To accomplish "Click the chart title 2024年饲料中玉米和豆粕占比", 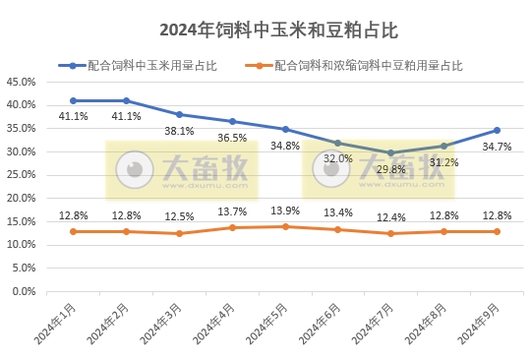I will click(x=265, y=30).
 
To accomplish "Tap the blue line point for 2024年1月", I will click(x=74, y=100).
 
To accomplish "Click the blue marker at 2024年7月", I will click(x=390, y=152).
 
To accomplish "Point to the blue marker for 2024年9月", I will click(x=497, y=130).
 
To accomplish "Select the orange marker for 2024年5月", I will click(x=285, y=226).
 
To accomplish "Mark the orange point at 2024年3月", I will click(x=179, y=233).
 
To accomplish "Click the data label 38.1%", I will click(x=179, y=131).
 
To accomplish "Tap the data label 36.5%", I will click(x=232, y=138).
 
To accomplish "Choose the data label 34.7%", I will click(x=497, y=147).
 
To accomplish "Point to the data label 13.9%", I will click(x=285, y=211).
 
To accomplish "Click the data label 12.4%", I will click(x=390, y=217).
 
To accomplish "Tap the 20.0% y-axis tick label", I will click(x=22, y=199).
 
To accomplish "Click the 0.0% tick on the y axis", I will click(x=25, y=292).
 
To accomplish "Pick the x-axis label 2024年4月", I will click(x=213, y=324).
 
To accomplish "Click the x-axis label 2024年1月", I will click(x=55, y=324).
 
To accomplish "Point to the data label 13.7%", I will click(x=232, y=211).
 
